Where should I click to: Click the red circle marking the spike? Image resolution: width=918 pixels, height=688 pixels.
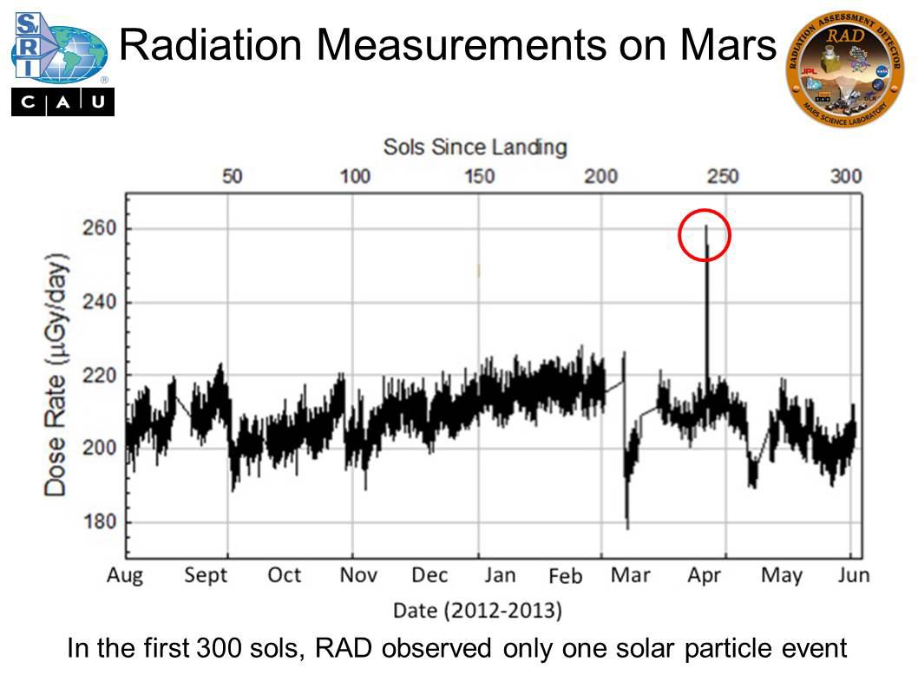pyautogui.click(x=705, y=235)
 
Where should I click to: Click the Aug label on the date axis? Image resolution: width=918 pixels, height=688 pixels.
pyautogui.click(x=125, y=575)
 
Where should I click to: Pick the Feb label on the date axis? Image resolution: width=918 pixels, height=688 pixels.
pyautogui.click(x=567, y=576)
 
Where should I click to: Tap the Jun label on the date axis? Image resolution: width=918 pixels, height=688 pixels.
pyautogui.click(x=852, y=575)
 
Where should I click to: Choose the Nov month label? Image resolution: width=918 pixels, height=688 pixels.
pyautogui.click(x=357, y=575)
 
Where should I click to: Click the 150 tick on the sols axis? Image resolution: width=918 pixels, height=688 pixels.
pyautogui.click(x=479, y=177)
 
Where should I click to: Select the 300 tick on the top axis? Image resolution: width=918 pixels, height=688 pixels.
pyautogui.click(x=845, y=177)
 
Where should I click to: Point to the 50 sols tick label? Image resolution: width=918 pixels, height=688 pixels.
pyautogui.click(x=232, y=177)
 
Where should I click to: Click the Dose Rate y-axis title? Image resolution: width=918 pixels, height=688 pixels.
pyautogui.click(x=56, y=376)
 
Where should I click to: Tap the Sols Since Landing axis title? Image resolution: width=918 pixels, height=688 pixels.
pyautogui.click(x=475, y=147)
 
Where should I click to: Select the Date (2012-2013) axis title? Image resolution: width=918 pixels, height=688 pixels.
pyautogui.click(x=477, y=611)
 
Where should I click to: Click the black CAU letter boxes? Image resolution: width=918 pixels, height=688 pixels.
pyautogui.click(x=62, y=103)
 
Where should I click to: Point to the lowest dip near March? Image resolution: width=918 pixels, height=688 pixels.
pyautogui.click(x=627, y=526)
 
